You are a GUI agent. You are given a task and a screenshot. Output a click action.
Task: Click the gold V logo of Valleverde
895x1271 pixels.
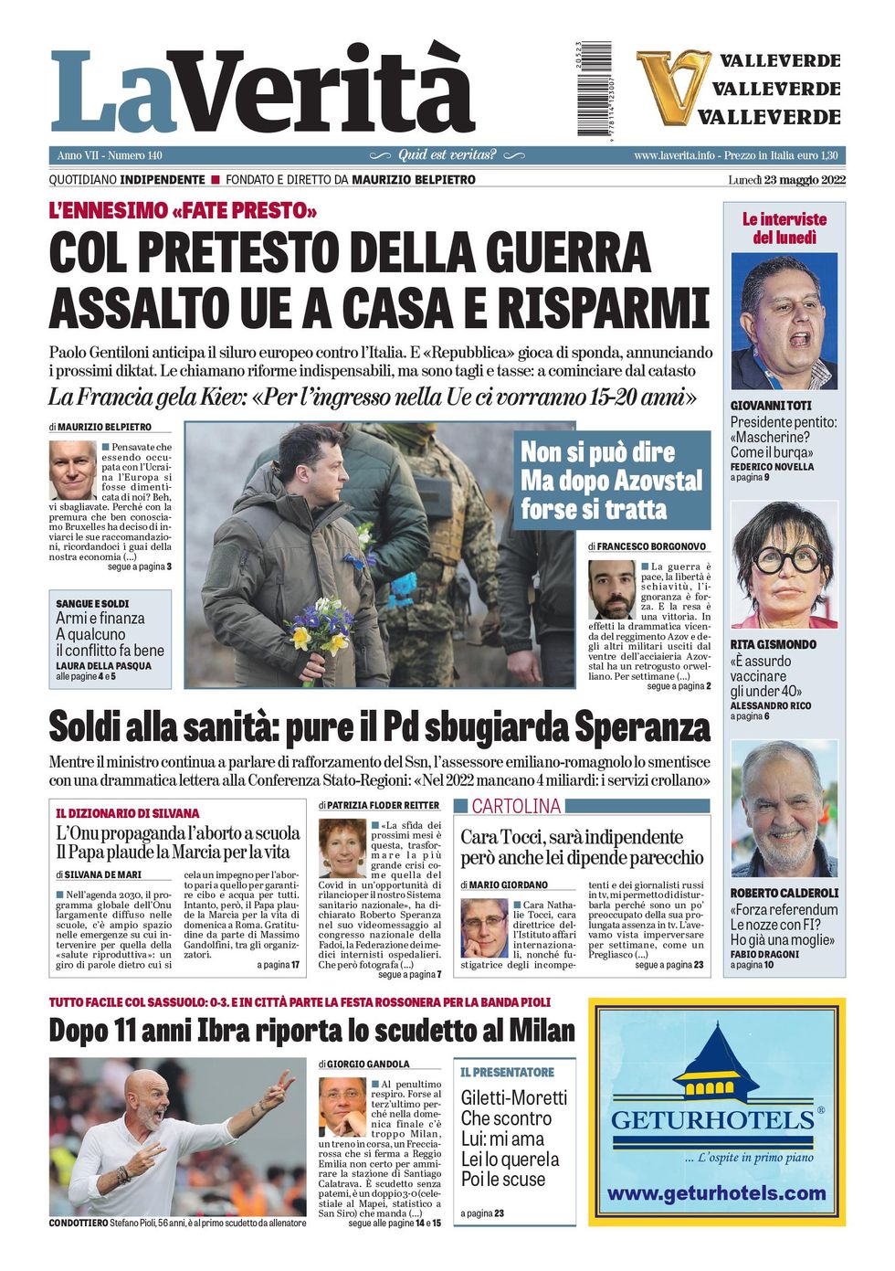[671, 87]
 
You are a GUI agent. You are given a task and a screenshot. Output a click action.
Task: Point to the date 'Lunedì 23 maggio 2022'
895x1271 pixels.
[786, 180]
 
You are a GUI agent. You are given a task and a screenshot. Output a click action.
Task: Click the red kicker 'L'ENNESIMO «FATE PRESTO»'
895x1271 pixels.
[183, 211]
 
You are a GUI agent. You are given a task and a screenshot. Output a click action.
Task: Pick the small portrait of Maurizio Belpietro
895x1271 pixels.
[72, 470]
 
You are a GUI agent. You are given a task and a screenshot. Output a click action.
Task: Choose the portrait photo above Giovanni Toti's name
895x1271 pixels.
[784, 322]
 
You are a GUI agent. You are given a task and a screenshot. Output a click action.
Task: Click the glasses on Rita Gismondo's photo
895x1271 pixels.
[782, 559]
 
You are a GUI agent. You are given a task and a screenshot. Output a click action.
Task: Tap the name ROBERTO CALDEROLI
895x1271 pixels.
[784, 893]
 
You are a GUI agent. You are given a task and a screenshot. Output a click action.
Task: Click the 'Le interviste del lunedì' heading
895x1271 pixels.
[784, 228]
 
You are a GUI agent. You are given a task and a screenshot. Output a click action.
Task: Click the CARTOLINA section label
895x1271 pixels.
[516, 806]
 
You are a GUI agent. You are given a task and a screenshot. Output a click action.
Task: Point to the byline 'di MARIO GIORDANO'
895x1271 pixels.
[504, 884]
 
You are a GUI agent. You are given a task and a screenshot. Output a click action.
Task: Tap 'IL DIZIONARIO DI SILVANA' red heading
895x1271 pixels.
[127, 813]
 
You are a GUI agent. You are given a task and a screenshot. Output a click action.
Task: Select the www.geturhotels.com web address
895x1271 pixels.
[716, 1193]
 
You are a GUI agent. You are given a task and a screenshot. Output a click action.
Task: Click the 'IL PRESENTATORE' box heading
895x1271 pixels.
[507, 1072]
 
